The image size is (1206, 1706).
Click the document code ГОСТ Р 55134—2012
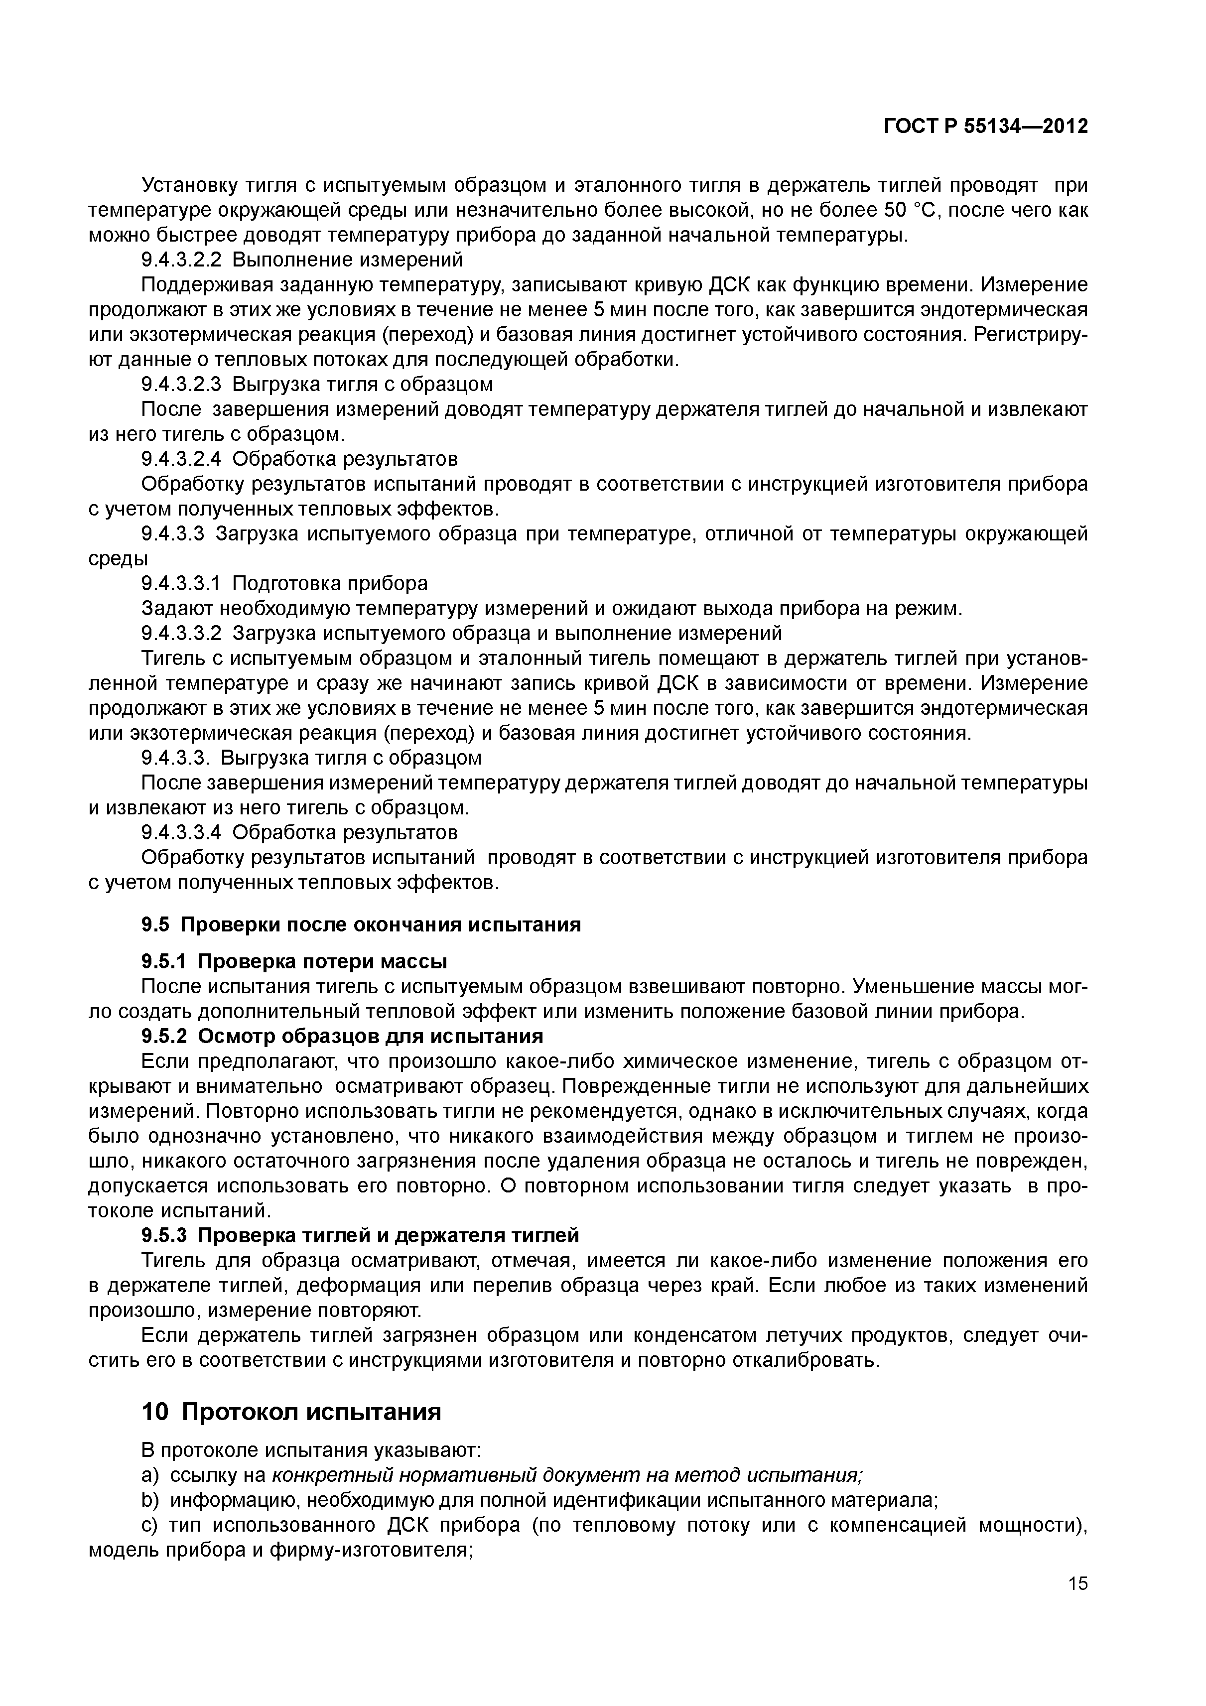985,127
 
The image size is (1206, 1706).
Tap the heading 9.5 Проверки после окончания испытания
361,924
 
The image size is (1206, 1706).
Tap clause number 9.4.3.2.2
181,260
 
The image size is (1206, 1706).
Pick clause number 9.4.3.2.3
181,384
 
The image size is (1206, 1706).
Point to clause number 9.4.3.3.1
181,583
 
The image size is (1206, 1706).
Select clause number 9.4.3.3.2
181,633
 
